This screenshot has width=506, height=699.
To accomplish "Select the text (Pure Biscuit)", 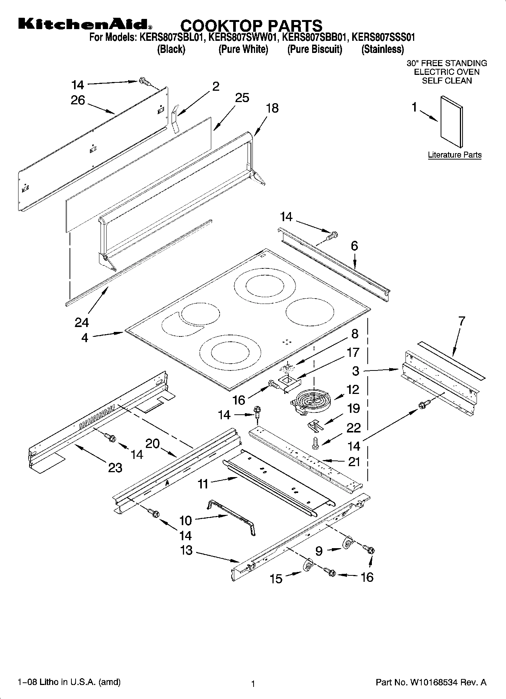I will [x=314, y=49].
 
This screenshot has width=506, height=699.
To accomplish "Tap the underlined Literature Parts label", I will [x=455, y=155].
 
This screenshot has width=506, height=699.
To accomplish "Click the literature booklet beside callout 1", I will [x=451, y=121].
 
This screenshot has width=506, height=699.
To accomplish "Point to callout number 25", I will [x=242, y=98].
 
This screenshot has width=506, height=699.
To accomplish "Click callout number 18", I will [x=272, y=108].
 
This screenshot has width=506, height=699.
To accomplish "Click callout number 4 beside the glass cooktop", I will [x=85, y=337].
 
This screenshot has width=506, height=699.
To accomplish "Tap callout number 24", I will [x=82, y=322].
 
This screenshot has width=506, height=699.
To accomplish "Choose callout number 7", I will [x=461, y=321].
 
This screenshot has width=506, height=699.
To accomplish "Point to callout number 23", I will [x=115, y=468].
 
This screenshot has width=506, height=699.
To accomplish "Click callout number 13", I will [x=186, y=550].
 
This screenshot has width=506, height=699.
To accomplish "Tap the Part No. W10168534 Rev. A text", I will [x=431, y=682].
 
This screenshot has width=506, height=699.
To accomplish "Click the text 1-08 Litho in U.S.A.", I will [x=69, y=682].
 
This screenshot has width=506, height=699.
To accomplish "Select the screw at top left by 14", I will [x=144, y=81].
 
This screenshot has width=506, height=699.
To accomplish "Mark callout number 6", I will [x=354, y=246].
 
